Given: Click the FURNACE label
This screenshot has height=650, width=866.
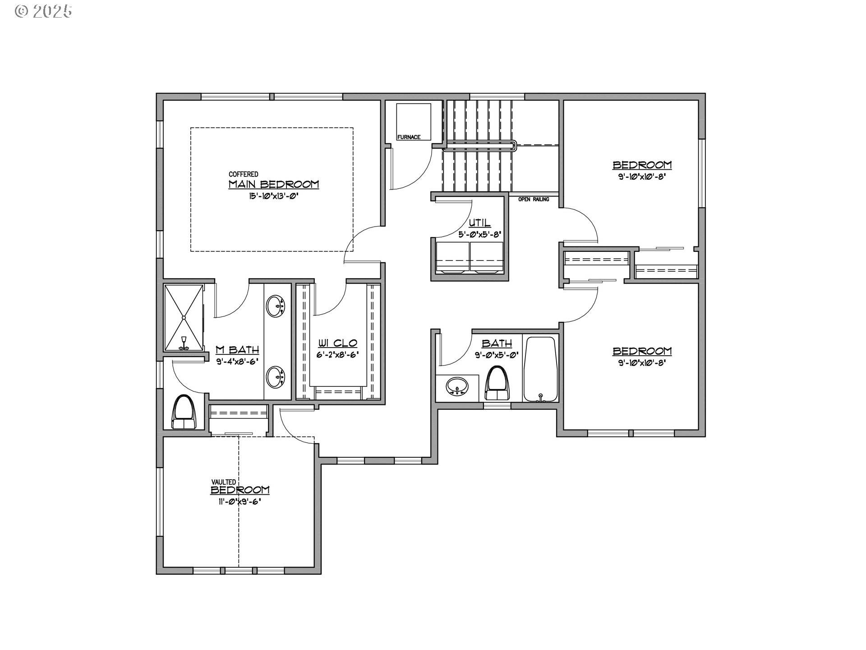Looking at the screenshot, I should (x=409, y=137).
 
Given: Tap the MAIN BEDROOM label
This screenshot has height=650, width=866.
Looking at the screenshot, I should (x=273, y=184).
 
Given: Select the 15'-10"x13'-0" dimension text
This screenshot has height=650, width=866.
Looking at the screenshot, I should (x=273, y=196).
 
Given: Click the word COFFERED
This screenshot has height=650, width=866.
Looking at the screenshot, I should (x=244, y=174).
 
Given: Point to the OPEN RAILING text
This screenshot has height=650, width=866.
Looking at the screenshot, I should (x=534, y=199).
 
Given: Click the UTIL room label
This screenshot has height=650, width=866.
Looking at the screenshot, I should (x=479, y=223).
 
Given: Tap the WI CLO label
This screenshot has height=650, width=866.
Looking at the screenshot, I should (x=338, y=344).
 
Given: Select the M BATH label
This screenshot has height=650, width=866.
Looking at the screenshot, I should (x=237, y=350).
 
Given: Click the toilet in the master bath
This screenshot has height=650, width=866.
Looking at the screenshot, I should (x=185, y=412).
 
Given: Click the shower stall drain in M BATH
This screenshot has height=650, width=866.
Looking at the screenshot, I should (x=184, y=318).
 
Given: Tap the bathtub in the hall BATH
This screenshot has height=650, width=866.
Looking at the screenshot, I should (x=540, y=369).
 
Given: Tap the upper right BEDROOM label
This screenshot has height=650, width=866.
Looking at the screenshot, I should (x=642, y=165).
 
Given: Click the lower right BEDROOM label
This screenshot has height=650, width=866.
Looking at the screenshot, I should (x=642, y=351).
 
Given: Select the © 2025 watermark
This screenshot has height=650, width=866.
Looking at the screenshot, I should (x=43, y=11).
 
